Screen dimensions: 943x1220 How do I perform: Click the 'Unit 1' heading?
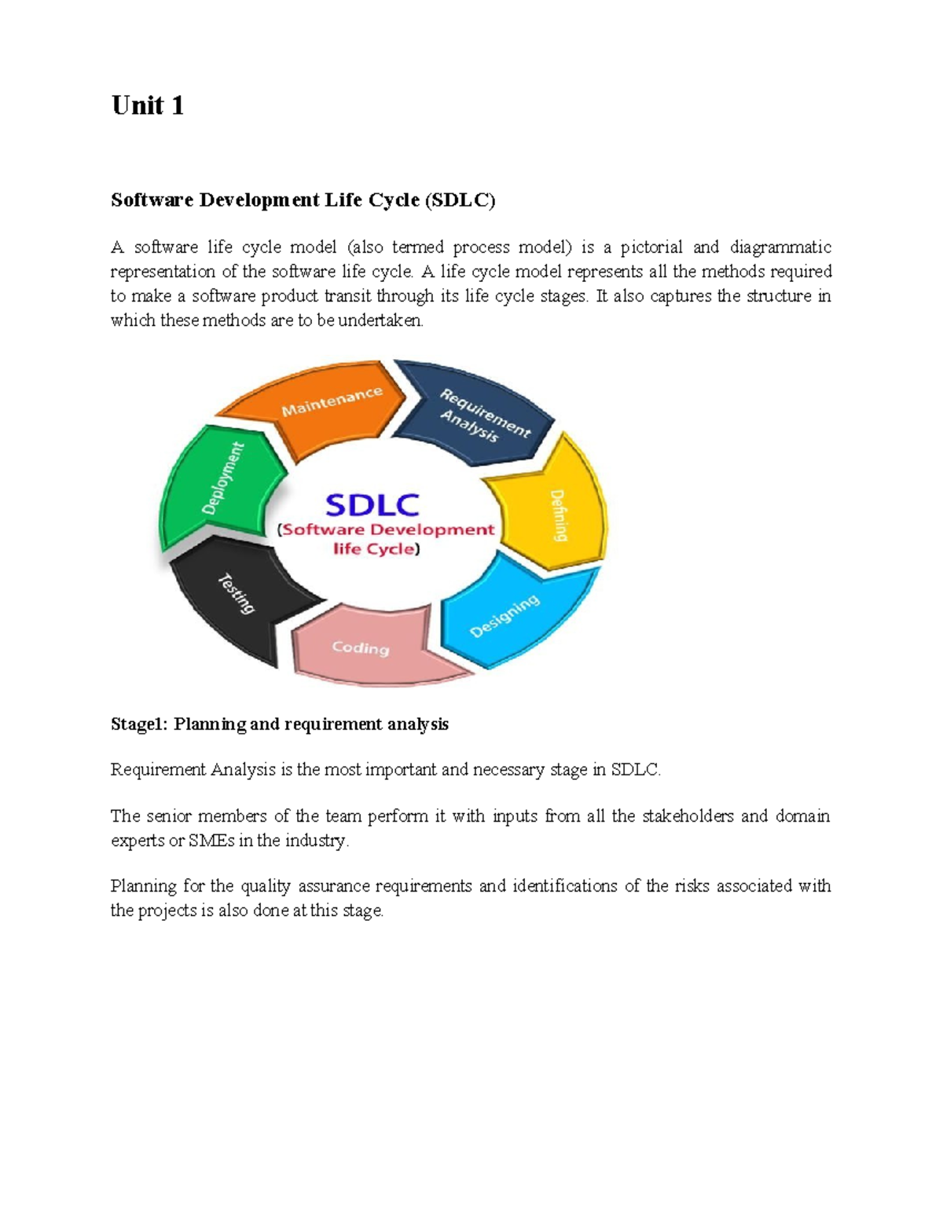[148, 105]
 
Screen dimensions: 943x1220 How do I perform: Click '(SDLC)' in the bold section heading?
[460, 200]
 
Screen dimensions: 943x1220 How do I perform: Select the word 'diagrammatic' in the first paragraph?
[780, 247]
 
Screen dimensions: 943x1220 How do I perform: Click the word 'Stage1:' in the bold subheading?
[139, 724]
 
